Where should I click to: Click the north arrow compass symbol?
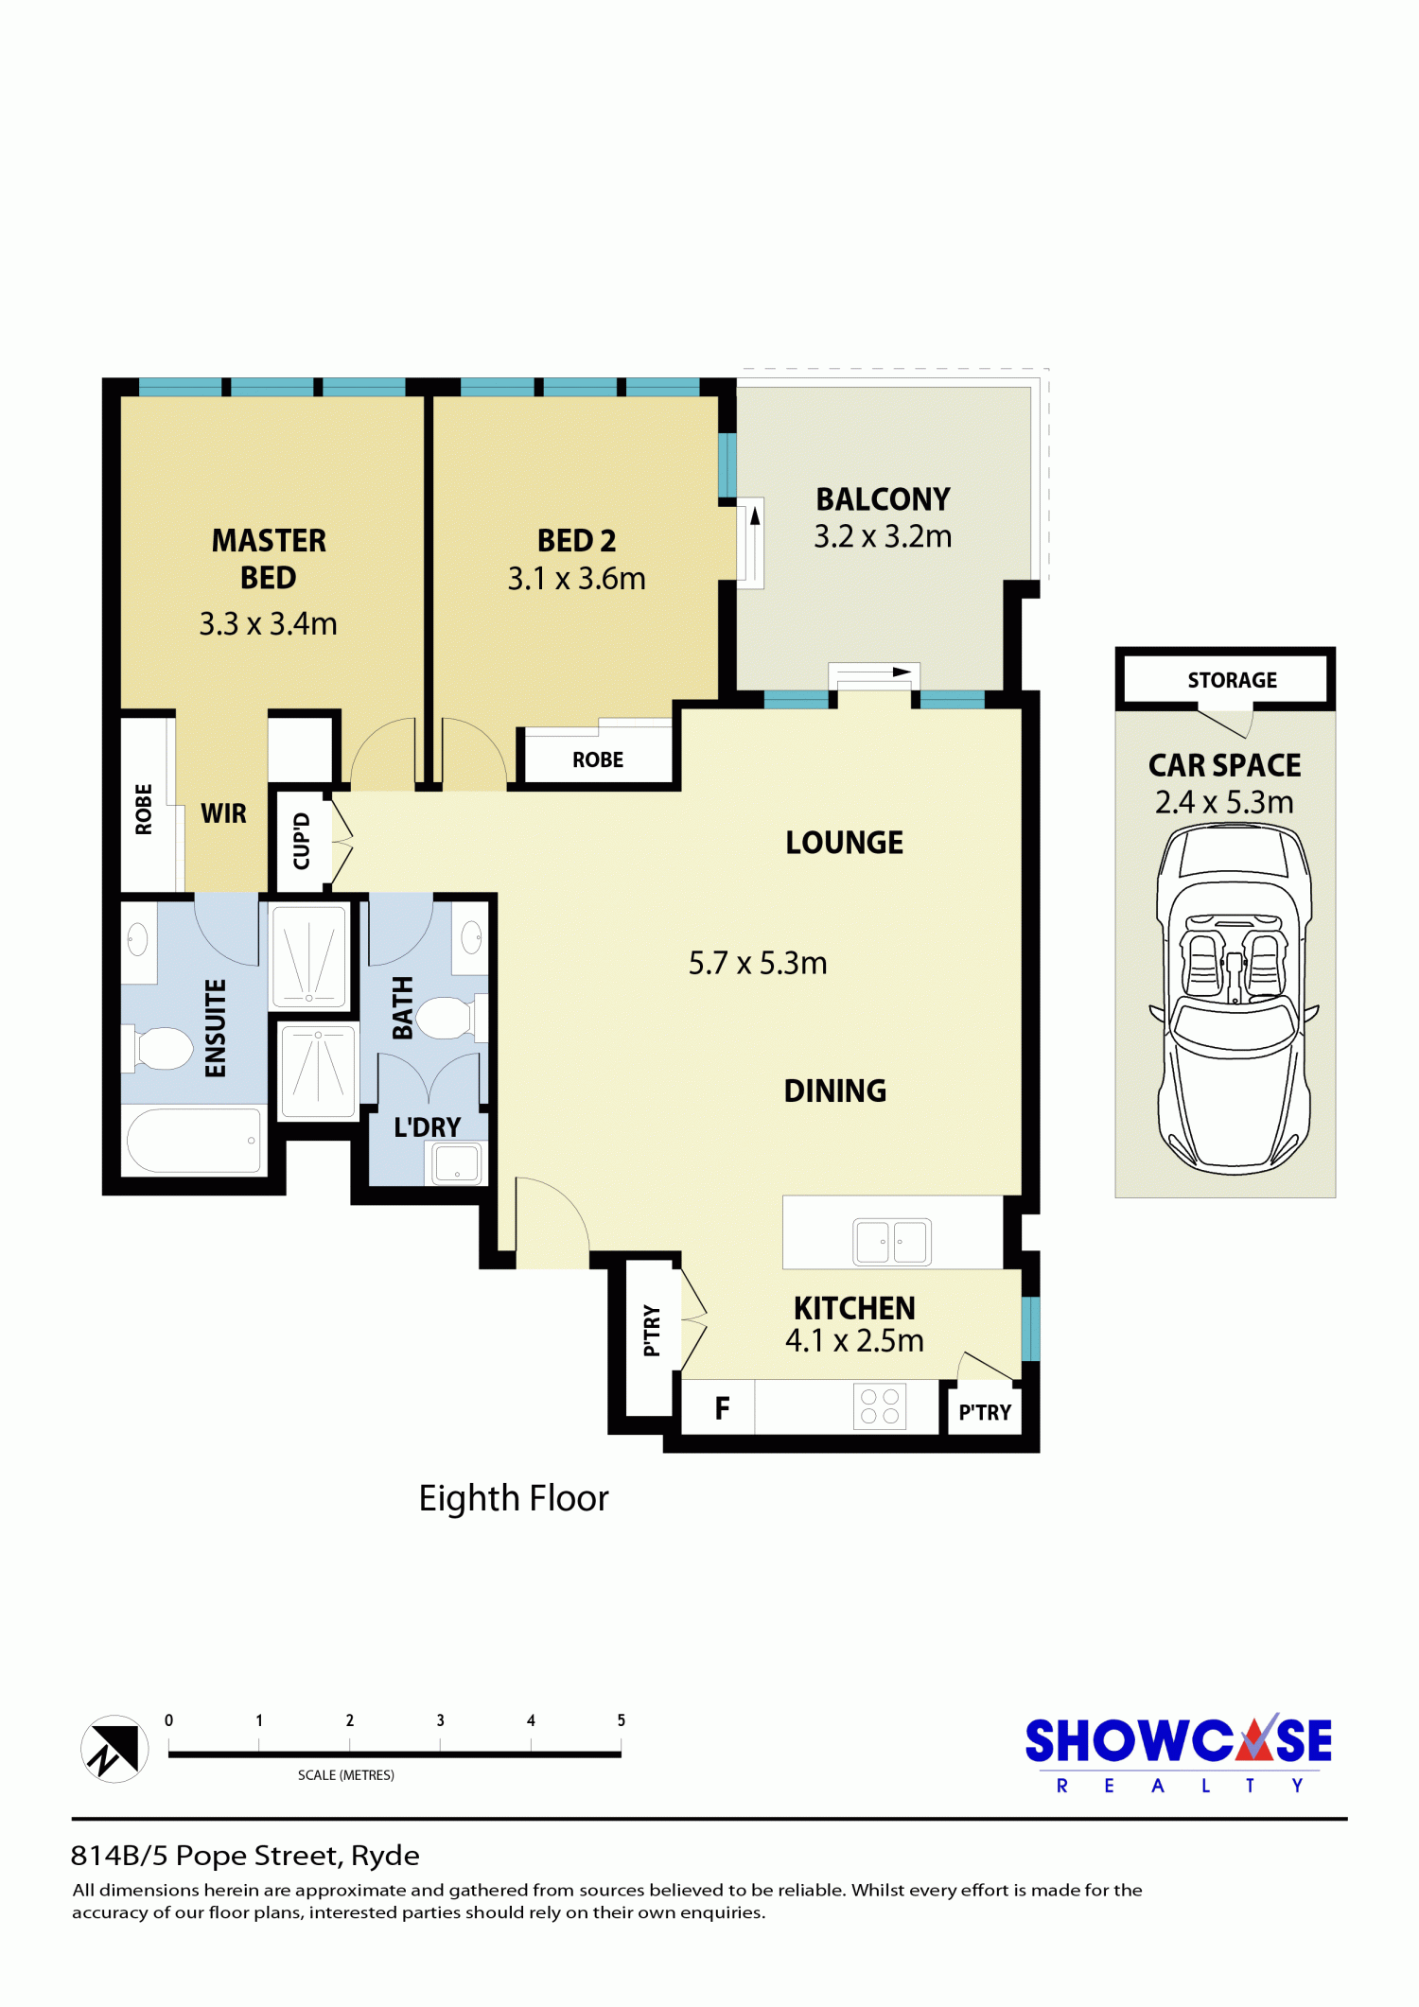pos(114,1749)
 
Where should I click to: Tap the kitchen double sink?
pos(892,1241)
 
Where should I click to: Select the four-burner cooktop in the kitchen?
pos(880,1406)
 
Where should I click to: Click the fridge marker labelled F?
pos(722,1408)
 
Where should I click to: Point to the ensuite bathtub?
pos(194,1140)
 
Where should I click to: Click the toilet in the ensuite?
pos(158,1049)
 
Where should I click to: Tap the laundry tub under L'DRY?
pos(457,1163)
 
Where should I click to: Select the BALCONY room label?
pos(883,498)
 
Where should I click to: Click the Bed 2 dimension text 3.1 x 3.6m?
pos(576,578)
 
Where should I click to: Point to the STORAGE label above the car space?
pos(1232,680)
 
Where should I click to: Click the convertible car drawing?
pos(1234,999)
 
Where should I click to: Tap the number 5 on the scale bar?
pos(621,1720)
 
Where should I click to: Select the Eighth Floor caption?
pos(514,1498)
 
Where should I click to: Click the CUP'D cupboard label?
pos(302,841)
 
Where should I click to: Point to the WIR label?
pos(223,813)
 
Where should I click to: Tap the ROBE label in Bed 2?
pos(598,759)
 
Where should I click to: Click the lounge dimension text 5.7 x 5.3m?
pos(758,963)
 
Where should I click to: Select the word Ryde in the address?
pos(385,1857)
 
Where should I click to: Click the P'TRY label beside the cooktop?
pos(985,1412)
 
